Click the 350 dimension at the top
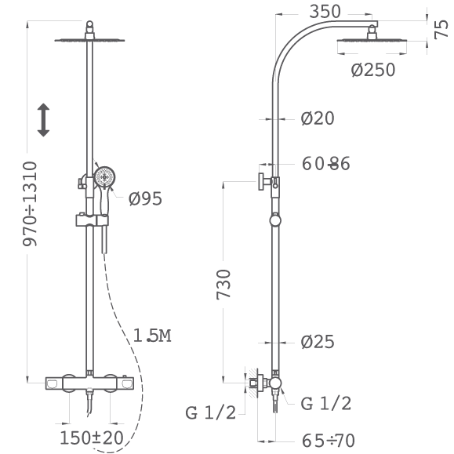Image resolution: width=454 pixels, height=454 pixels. pyautogui.click(x=325, y=12)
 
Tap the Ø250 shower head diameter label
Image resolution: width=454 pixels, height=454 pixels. pyautogui.click(x=373, y=70)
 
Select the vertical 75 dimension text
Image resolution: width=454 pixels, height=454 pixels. pyautogui.click(x=441, y=29)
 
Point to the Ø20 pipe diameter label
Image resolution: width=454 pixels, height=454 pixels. pyautogui.click(x=318, y=118)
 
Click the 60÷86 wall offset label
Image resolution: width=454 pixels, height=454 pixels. pyautogui.click(x=325, y=164)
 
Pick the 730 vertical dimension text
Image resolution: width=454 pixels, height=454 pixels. pyautogui.click(x=223, y=285)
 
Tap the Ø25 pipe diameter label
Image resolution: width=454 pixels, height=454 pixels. pyautogui.click(x=318, y=342)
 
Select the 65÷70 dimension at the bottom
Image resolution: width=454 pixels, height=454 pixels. pyautogui.click(x=329, y=441)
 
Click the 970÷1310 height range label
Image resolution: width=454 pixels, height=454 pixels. pyautogui.click(x=30, y=204)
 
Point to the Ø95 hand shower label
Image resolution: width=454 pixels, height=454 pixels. pyautogui.click(x=145, y=198)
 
